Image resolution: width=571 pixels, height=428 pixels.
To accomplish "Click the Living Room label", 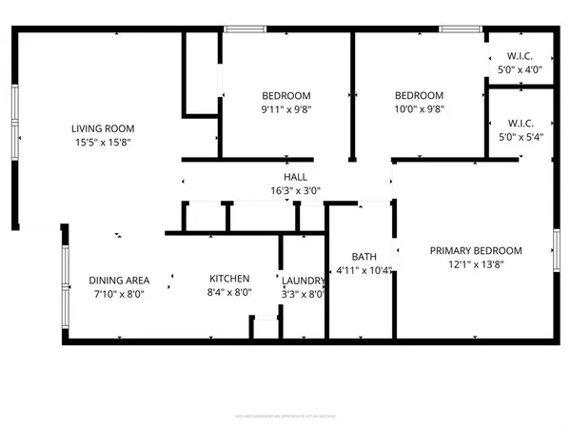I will [104, 128].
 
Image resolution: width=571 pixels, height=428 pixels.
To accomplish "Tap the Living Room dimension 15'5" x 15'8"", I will [104, 143].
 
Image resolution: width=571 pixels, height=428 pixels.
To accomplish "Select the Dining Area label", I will [120, 280].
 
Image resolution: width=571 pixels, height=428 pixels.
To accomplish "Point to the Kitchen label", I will [229, 279].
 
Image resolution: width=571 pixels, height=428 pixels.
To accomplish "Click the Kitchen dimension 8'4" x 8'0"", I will [229, 293].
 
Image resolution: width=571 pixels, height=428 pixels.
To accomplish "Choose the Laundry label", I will [304, 280].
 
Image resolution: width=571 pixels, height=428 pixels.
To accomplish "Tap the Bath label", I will [364, 256].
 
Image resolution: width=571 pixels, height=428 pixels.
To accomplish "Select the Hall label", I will [295, 177].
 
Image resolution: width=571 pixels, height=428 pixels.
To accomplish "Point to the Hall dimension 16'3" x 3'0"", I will [295, 190].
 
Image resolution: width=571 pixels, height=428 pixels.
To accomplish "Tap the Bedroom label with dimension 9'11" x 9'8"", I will [286, 95].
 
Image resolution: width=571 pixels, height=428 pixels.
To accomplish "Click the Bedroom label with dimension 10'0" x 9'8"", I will [420, 95].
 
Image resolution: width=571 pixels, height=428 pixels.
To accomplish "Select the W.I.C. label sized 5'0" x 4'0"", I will [518, 54].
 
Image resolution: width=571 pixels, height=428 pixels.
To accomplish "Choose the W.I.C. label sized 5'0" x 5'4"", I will [518, 123].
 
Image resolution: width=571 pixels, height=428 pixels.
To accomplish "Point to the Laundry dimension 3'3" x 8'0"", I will [304, 294].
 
